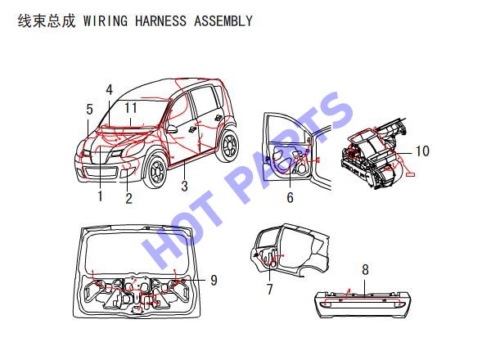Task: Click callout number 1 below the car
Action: [100, 196]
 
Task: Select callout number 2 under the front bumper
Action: [128, 198]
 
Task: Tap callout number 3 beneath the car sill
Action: [184, 186]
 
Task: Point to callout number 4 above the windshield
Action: [109, 89]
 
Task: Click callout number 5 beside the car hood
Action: [89, 110]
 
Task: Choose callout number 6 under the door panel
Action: [290, 197]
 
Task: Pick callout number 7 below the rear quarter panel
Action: [269, 289]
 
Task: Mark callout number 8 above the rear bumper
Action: [365, 269]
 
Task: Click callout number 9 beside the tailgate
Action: [214, 280]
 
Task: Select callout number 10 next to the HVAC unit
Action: [422, 151]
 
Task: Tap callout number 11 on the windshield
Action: [131, 108]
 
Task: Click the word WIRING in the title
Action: [106, 21]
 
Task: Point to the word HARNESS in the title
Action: [160, 21]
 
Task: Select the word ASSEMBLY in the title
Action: [223, 21]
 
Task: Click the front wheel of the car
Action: [155, 171]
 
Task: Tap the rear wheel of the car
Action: [229, 146]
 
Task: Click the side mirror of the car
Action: [172, 128]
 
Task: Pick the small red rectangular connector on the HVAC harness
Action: [410, 174]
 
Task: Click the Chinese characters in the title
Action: [47, 21]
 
